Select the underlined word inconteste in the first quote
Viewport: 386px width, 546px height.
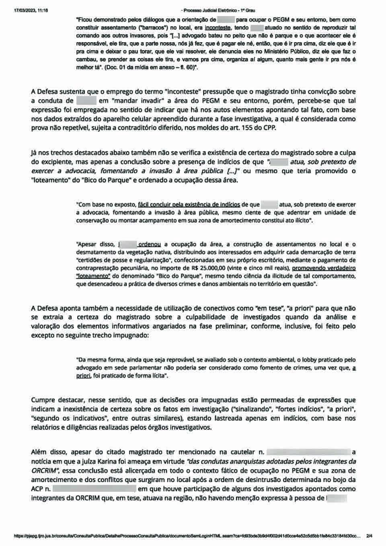[x=218, y=28]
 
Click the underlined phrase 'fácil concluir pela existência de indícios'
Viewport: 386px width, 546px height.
[x=189, y=204]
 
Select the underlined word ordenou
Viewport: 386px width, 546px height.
[x=150, y=244]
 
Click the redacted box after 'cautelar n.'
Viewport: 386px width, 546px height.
[x=308, y=452]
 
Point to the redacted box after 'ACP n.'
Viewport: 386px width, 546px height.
[x=94, y=489]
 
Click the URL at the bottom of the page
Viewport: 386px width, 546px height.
[x=187, y=536]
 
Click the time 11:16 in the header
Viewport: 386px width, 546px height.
[x=42, y=10]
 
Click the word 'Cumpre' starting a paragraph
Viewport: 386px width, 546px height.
[x=43, y=400]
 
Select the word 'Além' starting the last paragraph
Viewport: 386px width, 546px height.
[x=39, y=452]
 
